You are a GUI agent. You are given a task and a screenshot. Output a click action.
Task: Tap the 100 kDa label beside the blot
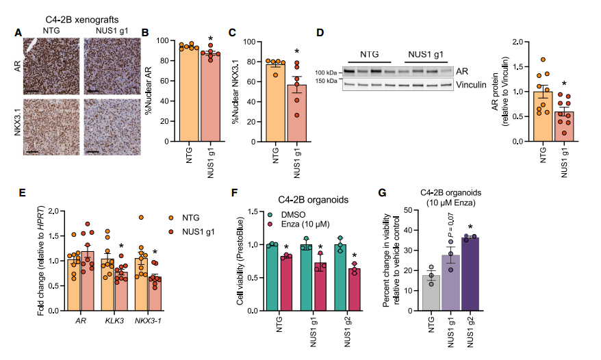coord(326,71)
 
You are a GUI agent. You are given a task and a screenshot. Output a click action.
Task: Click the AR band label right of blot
coord(464,70)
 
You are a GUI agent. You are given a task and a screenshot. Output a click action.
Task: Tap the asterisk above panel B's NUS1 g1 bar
coord(211,40)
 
